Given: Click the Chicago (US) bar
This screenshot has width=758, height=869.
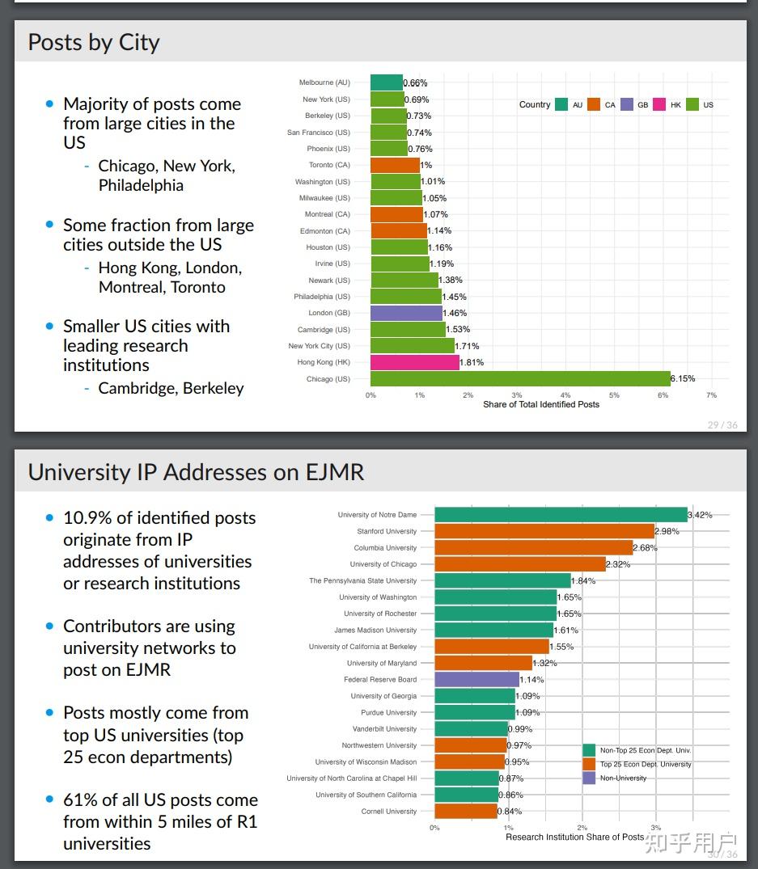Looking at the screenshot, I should (520, 378).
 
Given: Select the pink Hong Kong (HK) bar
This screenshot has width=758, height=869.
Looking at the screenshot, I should (414, 362).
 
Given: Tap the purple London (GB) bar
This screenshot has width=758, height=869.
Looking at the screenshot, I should (406, 313).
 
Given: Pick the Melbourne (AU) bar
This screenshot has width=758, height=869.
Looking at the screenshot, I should (387, 82).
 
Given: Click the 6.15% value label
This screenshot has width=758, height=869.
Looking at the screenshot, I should (683, 378).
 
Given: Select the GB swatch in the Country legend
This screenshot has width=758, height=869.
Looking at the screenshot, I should (627, 104).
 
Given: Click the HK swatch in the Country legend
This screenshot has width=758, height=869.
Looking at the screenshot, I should (659, 104).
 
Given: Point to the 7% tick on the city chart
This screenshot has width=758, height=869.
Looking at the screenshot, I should (711, 395).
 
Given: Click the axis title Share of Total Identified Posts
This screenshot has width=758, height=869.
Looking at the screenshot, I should (541, 404).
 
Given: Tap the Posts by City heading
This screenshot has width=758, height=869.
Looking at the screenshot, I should (94, 42).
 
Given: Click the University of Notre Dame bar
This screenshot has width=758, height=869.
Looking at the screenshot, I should (561, 515).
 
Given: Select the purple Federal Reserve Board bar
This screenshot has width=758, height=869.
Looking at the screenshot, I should (476, 680).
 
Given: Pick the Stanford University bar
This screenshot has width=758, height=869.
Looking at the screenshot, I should (544, 531).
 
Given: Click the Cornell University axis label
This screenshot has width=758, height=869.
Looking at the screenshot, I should (389, 812).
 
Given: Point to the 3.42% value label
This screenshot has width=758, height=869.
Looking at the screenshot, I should (700, 515).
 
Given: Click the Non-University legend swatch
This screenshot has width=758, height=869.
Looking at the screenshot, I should (589, 778).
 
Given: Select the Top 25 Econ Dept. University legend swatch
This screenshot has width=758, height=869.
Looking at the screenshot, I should (589, 764).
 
